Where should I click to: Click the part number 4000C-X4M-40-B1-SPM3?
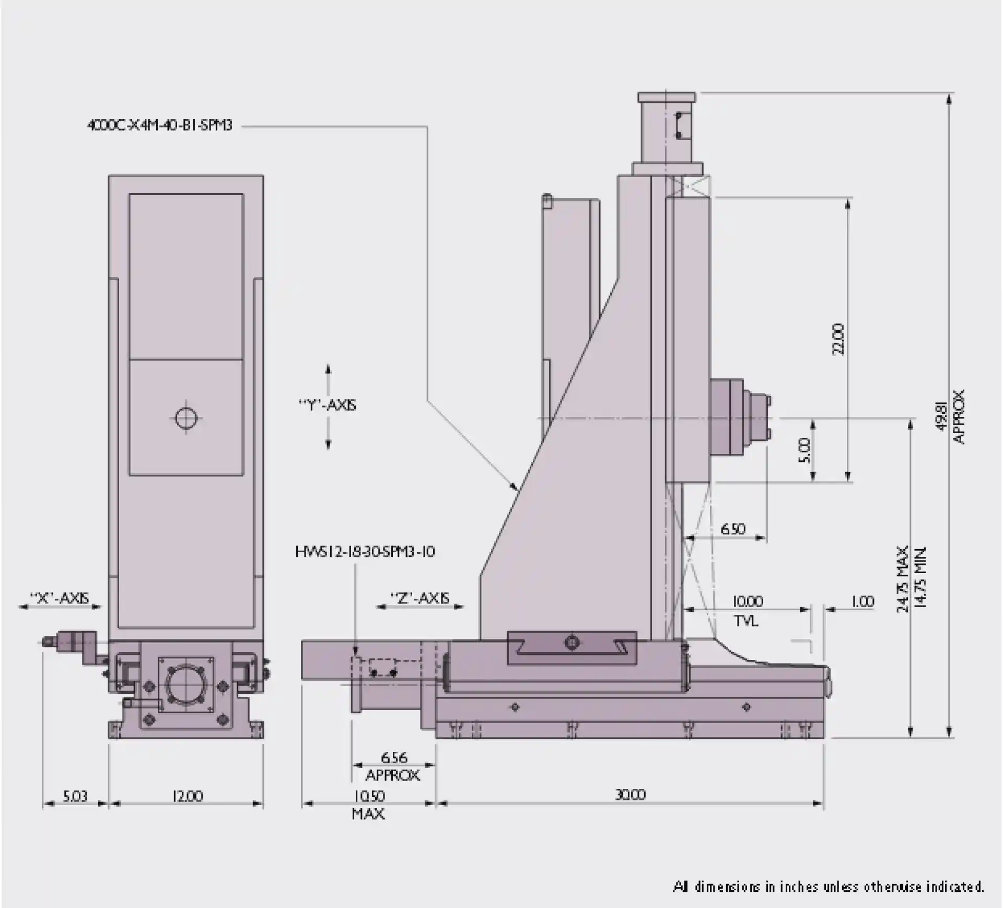coord(159,125)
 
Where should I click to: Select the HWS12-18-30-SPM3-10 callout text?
coord(365,552)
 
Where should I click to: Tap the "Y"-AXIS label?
coord(328,405)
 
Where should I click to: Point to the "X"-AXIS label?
coord(60,598)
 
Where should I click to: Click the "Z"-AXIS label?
coord(420,598)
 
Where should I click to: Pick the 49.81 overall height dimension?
coord(941,416)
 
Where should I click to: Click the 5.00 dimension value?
coord(804,450)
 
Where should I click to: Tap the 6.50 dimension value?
coord(732,529)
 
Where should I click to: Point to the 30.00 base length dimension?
coord(630,795)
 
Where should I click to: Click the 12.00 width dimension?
coord(187,796)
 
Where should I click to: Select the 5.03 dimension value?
coord(75,796)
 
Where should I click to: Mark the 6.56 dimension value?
coord(394,757)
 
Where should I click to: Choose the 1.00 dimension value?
coord(862,601)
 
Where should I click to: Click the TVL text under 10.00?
coord(746,621)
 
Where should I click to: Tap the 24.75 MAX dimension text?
coord(903,579)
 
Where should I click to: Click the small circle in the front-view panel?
coord(186,418)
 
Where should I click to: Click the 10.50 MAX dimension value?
coord(369,796)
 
